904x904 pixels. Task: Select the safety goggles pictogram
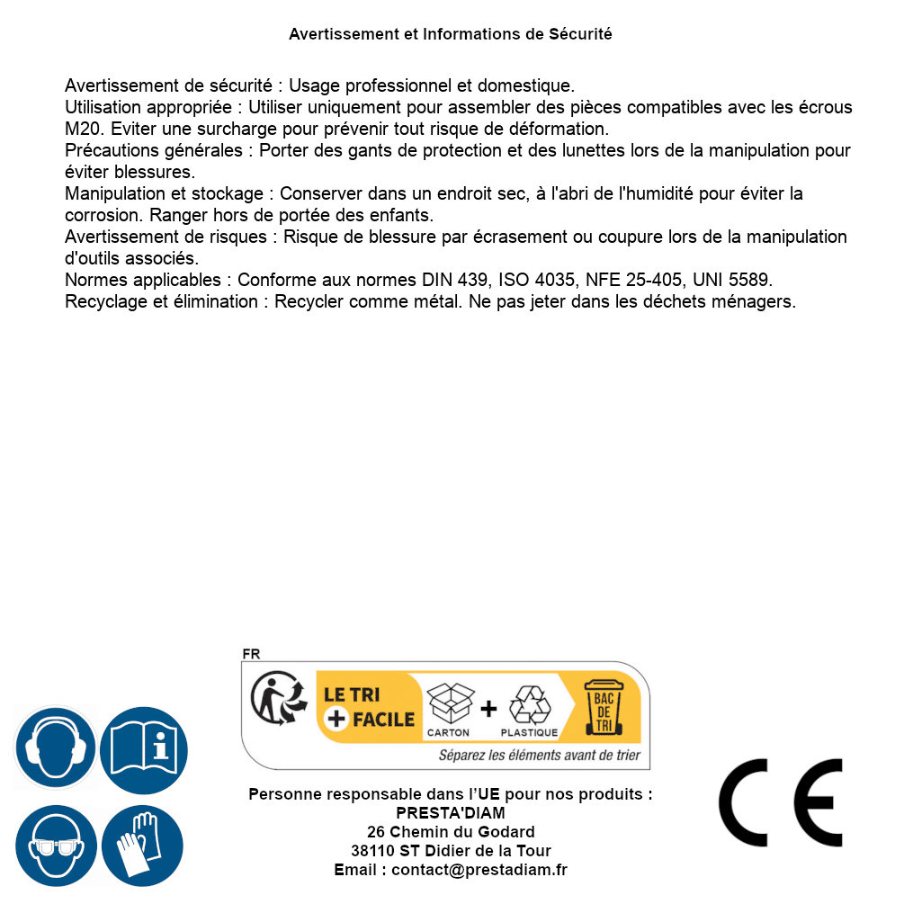56,846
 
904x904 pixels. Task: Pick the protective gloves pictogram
144,846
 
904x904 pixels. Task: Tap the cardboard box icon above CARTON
449,703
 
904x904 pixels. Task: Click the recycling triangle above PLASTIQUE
529,705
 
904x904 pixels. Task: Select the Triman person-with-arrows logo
277,699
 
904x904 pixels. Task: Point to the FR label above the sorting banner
251,654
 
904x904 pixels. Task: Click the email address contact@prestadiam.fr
479,870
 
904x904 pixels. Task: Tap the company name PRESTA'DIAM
451,813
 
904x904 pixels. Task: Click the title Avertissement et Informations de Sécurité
451,34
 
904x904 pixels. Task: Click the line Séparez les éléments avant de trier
540,756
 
